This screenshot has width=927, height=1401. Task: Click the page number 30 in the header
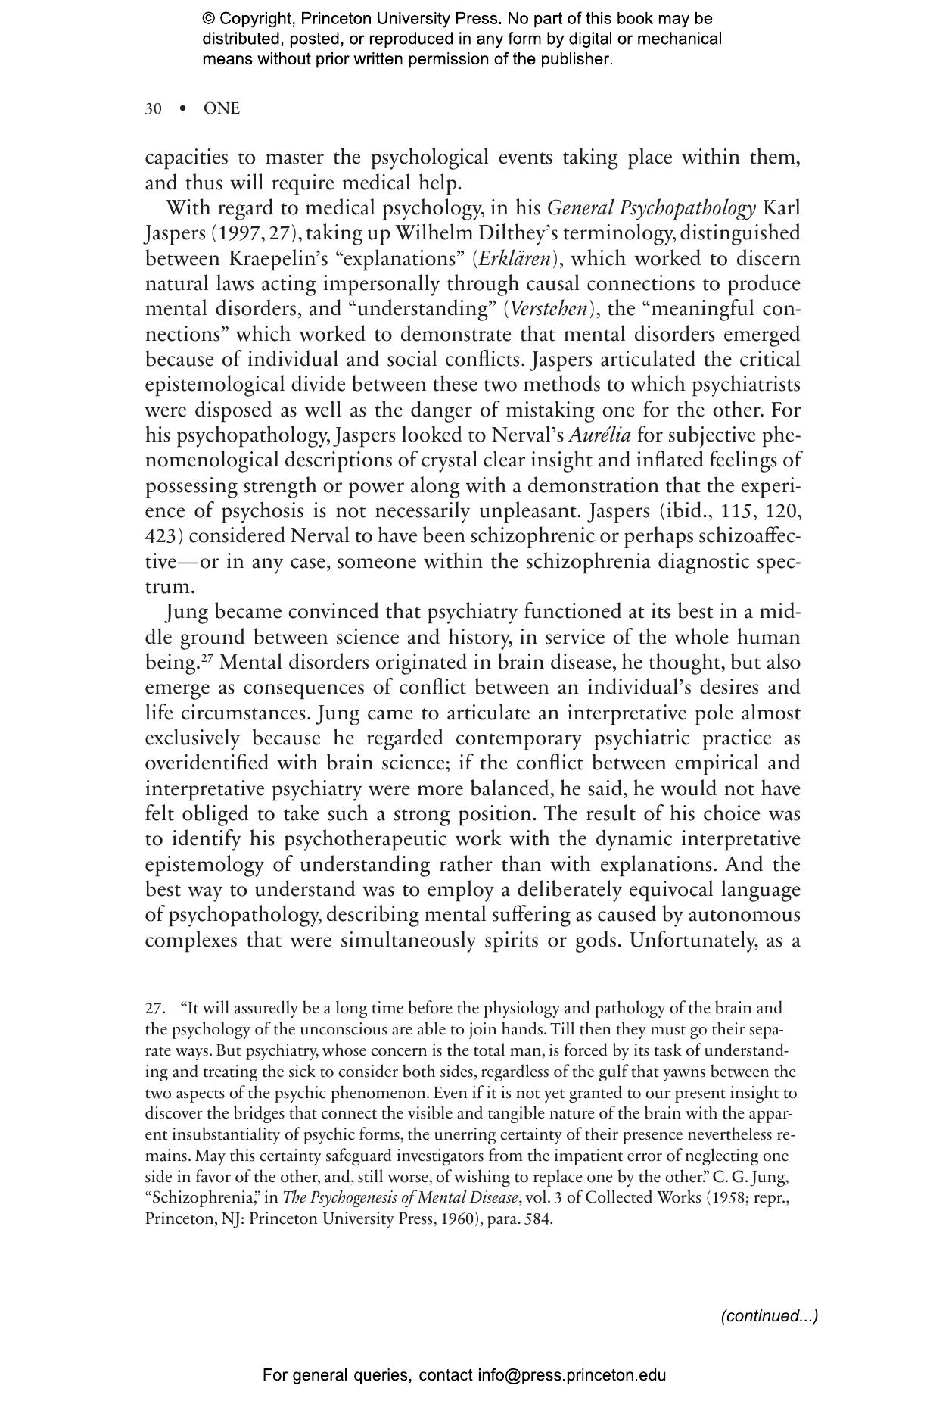coord(153,109)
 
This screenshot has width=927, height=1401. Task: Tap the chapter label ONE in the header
coord(221,109)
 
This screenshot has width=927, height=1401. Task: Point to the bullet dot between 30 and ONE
coord(182,109)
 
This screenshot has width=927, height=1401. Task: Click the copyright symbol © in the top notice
coord(209,19)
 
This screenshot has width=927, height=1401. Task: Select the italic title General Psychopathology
coord(651,208)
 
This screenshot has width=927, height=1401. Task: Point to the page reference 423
coord(160,536)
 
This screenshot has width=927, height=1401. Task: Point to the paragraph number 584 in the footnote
coord(540,1219)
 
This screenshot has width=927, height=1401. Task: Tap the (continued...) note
coord(769,1316)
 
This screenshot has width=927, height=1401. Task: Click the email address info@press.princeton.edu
coord(571,1375)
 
